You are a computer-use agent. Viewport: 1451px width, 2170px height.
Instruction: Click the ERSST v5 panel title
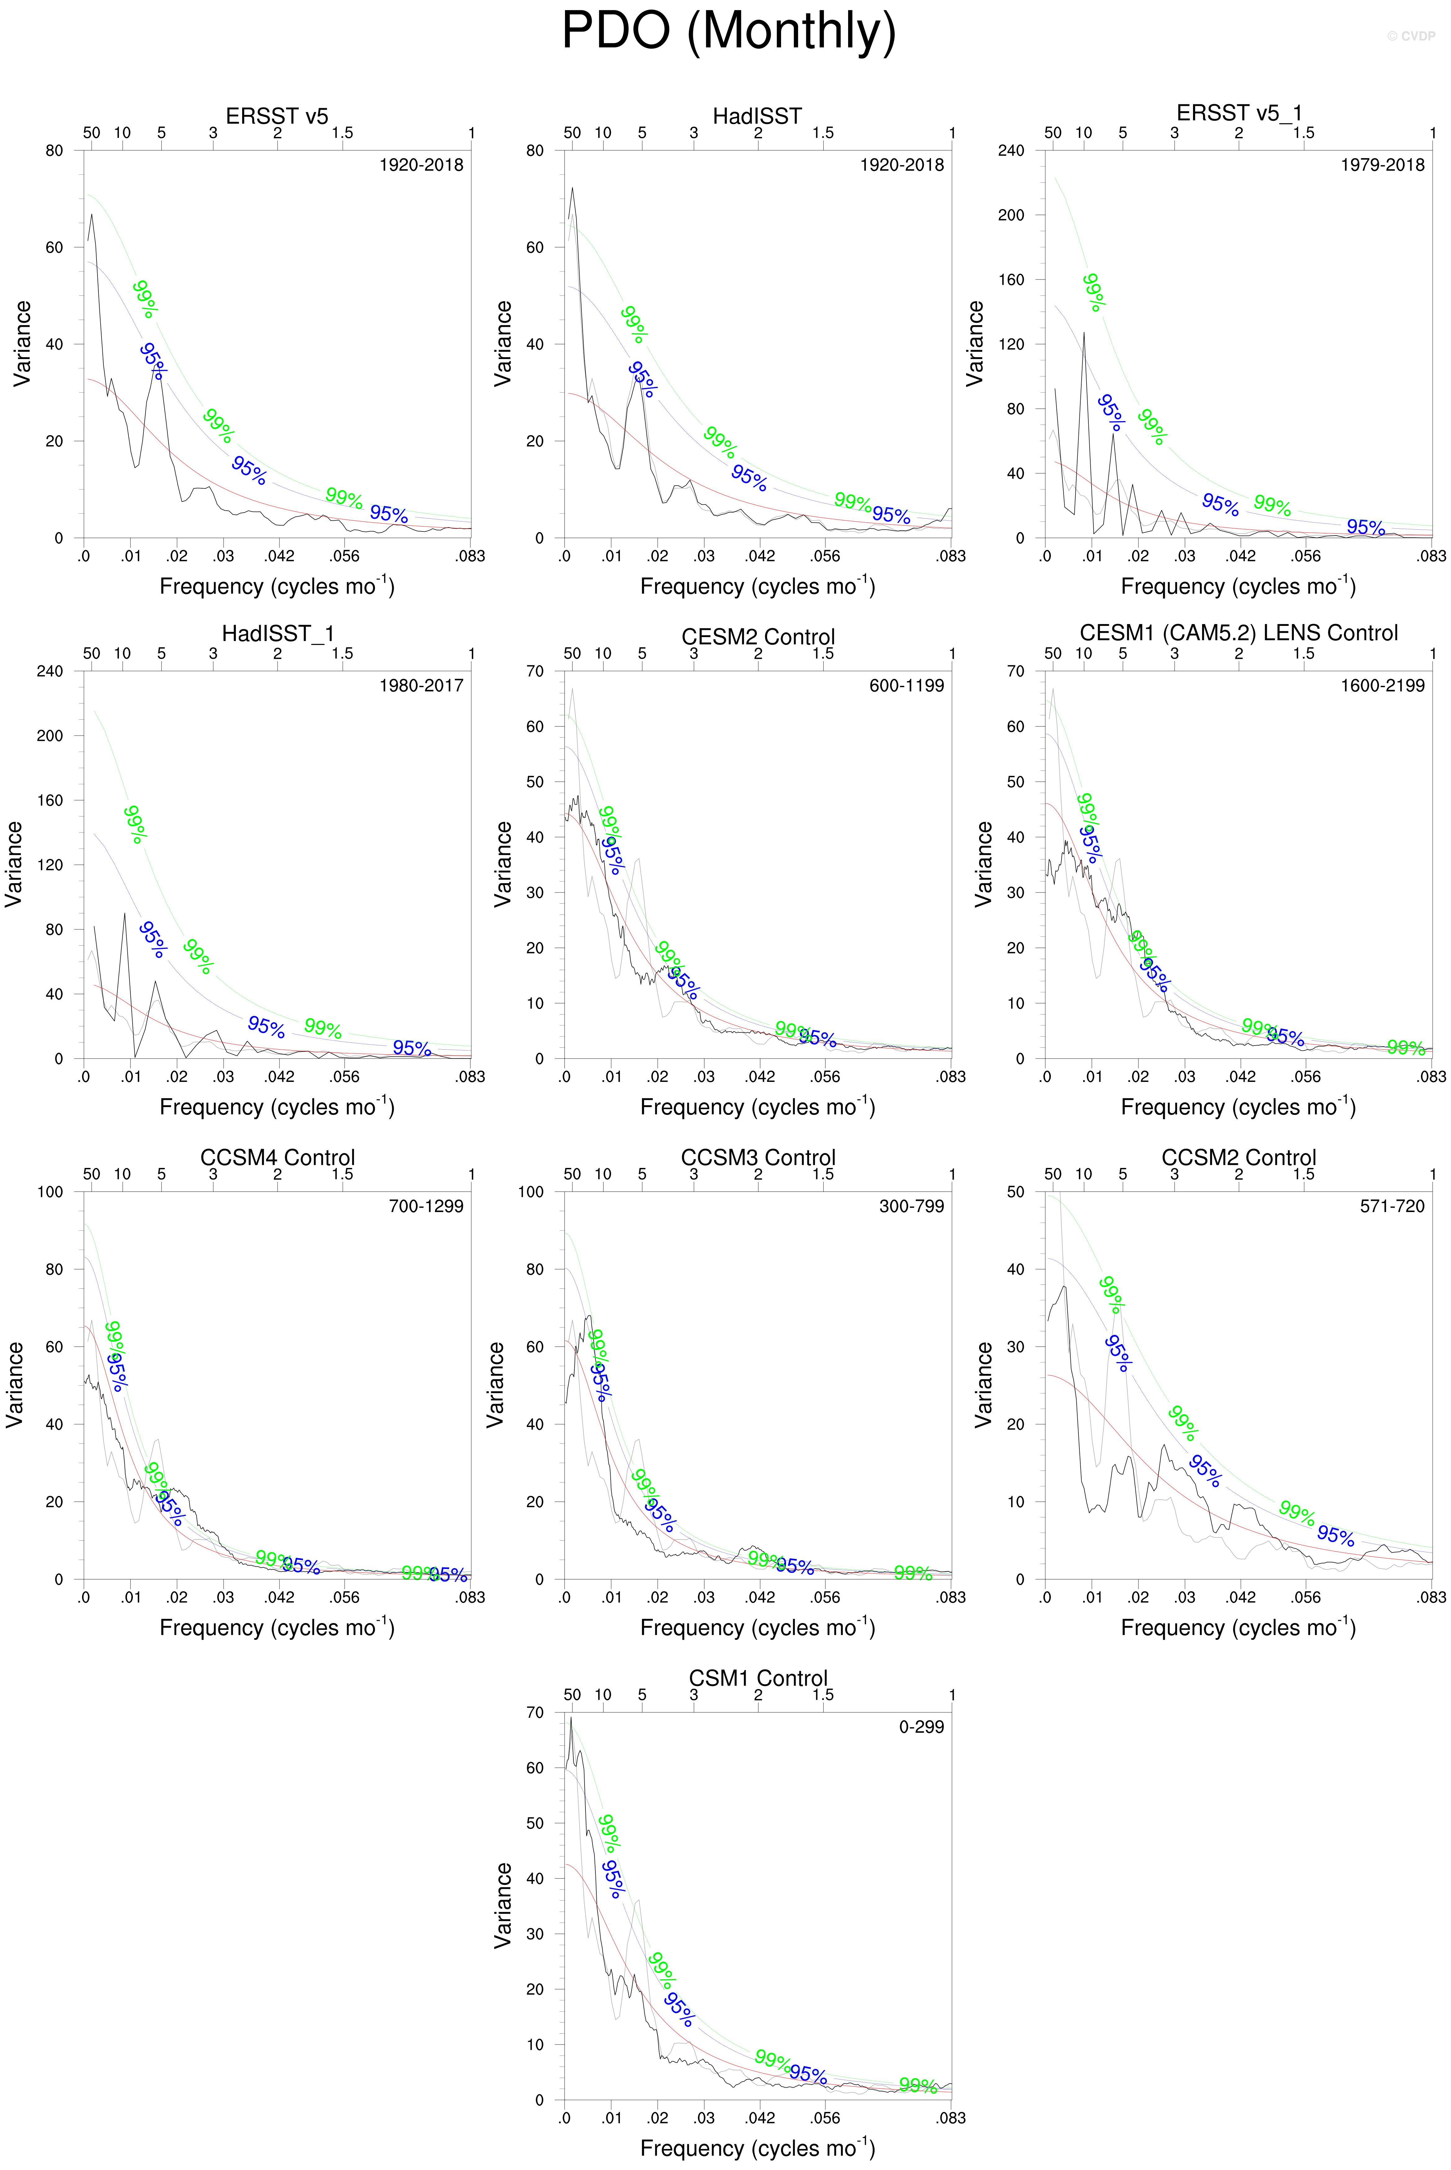(277, 116)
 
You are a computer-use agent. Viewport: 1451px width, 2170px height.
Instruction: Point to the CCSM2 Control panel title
(1238, 1157)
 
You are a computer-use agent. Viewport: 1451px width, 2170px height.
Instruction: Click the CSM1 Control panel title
(758, 1677)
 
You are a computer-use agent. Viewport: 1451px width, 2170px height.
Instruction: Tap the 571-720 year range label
(1392, 1205)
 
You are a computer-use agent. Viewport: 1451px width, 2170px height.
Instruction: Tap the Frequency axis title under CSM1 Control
(757, 2148)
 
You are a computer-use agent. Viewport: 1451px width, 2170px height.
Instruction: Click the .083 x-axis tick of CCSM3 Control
(950, 1597)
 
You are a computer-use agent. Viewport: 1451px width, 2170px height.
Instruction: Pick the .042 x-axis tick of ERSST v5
(278, 555)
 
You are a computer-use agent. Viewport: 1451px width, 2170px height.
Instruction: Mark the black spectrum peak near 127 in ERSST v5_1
(1084, 333)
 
